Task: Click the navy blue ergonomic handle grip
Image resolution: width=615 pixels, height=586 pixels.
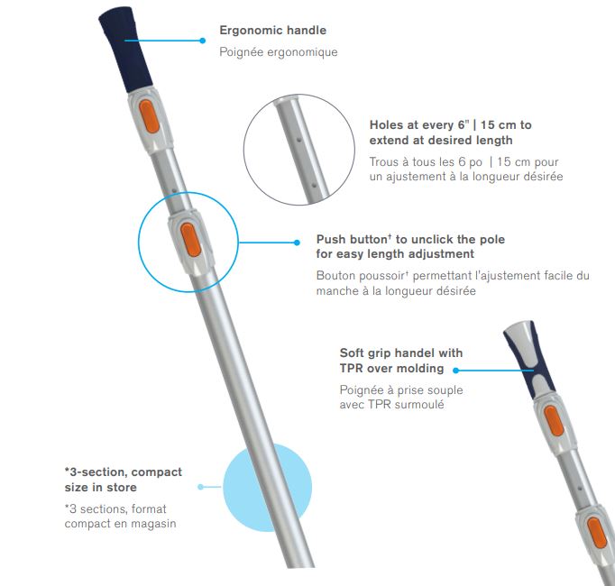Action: [125, 49]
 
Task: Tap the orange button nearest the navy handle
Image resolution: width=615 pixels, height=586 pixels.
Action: [150, 116]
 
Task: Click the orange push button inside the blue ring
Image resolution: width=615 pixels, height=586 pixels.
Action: [191, 240]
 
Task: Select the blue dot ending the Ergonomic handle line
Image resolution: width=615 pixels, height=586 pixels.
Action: [202, 41]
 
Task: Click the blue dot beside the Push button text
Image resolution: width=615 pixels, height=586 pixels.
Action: [297, 243]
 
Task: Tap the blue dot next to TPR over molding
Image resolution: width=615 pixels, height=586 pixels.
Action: [455, 370]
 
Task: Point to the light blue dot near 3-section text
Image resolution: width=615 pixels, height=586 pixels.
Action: [201, 487]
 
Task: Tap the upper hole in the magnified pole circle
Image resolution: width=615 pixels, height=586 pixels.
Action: [298, 139]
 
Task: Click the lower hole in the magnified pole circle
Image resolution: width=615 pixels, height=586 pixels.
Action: [314, 185]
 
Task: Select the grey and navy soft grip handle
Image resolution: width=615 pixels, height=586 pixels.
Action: [529, 359]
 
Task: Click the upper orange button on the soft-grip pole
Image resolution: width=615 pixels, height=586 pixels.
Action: [554, 421]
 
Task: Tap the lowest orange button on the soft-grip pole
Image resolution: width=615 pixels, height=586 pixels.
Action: [597, 532]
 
